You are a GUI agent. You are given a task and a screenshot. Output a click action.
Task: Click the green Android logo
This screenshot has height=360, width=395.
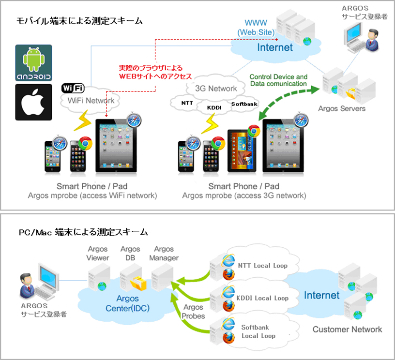[33, 63]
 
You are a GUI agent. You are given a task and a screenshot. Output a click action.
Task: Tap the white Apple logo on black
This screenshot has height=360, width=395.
[33, 102]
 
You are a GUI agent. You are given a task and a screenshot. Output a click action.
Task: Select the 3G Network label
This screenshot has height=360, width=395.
[216, 88]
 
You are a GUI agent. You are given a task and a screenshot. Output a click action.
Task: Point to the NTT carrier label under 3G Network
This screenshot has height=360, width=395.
[187, 104]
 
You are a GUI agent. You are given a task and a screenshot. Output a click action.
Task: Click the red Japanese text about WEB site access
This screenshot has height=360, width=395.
[155, 73]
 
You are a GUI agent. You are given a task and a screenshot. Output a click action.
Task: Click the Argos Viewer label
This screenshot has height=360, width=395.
[98, 254]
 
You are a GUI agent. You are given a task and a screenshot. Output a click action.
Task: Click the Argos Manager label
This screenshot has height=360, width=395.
[164, 254]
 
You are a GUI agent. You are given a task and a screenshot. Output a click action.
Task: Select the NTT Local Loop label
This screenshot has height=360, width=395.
[262, 265]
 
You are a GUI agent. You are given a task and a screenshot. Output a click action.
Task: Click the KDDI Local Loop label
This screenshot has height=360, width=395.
[263, 298]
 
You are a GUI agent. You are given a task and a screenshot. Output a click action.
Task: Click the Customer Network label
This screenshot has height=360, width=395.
[347, 330]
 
